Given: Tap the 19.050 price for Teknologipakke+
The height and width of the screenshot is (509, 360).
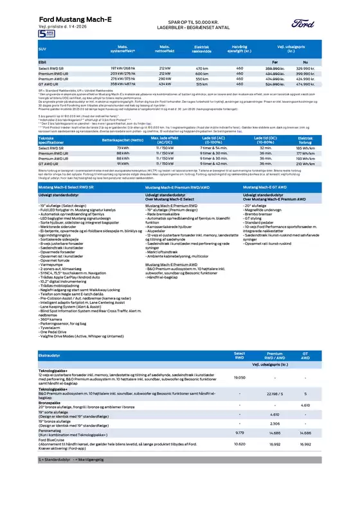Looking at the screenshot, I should (x=239, y=378).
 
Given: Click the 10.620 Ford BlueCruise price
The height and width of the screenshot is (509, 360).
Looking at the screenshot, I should (x=239, y=443).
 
